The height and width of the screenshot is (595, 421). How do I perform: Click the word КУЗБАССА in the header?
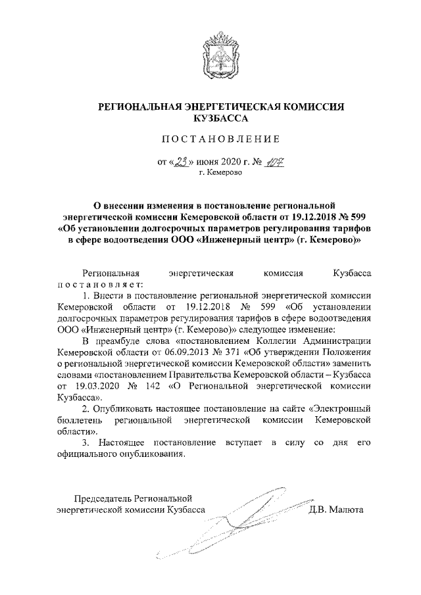220,119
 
